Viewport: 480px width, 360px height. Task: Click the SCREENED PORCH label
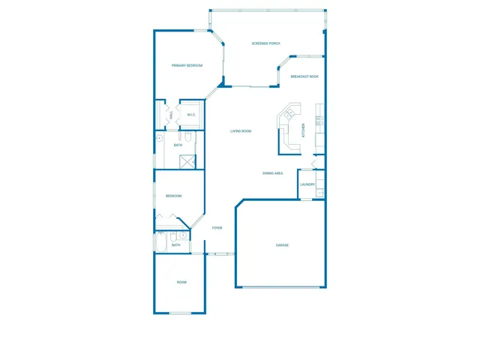point(265,43)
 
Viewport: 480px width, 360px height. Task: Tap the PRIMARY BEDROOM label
point(187,66)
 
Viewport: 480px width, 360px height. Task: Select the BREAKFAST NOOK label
point(304,76)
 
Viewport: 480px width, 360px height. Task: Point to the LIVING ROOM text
point(240,131)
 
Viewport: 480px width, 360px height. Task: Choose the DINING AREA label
point(272,173)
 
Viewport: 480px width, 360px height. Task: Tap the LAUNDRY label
point(307,184)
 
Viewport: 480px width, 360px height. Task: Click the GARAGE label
point(282,245)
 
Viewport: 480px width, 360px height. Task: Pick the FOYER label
point(216,228)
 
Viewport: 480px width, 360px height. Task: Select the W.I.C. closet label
point(191,115)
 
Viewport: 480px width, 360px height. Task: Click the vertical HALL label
point(172,115)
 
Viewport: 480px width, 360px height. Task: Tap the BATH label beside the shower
point(178,145)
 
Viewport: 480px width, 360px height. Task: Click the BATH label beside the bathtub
point(175,244)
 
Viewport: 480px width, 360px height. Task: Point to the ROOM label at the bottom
point(181,282)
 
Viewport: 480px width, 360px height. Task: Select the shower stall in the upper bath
point(187,161)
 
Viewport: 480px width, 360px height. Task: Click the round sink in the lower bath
point(183,235)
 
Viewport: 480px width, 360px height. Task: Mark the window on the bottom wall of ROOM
point(180,313)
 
